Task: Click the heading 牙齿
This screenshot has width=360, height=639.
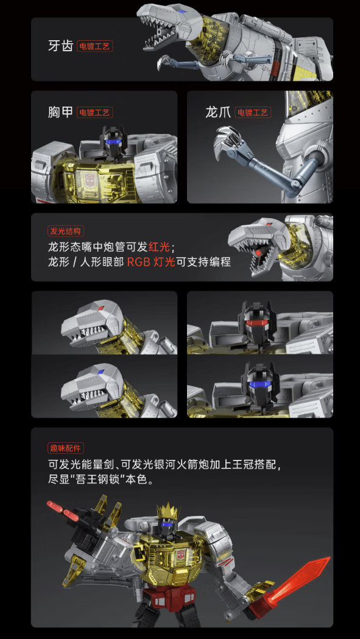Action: pos(60,46)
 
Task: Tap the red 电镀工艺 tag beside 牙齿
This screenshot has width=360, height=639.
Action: pos(94,46)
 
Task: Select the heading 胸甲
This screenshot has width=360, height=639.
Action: pos(60,112)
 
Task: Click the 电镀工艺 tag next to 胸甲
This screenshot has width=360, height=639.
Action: pos(94,112)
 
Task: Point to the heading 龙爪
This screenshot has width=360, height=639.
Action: pos(218,112)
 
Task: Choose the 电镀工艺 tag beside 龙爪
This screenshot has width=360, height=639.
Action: pos(253,112)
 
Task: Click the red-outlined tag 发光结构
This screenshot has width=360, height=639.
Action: pos(66,231)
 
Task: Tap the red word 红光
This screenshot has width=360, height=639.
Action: pos(159,247)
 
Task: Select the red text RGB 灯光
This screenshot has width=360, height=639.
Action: pos(151,262)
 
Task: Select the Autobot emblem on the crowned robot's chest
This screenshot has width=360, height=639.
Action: pos(181,555)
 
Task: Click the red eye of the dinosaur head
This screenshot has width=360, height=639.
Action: pos(101,307)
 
